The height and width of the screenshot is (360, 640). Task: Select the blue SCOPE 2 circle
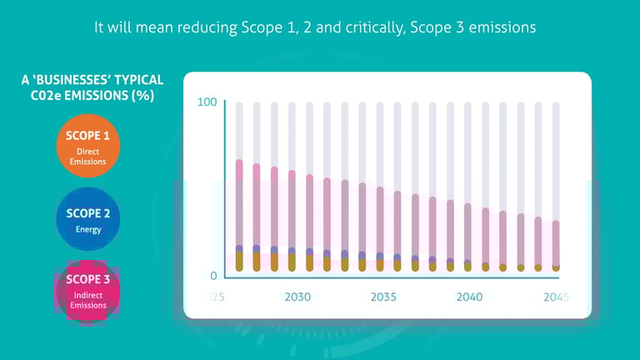[x=88, y=220]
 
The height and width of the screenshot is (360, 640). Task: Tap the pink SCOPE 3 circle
[x=88, y=292]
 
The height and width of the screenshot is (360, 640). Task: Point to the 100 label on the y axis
[x=207, y=102]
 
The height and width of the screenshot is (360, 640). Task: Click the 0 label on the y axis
[x=213, y=276]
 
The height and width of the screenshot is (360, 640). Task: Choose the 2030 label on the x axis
[x=297, y=297]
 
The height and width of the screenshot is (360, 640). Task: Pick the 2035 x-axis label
[x=383, y=297]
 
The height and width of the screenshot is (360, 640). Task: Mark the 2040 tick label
[x=469, y=297]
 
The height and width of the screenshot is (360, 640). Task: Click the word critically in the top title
[x=402, y=27]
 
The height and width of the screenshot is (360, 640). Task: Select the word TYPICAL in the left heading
[x=135, y=81]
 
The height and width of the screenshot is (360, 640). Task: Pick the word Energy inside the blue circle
[x=88, y=229]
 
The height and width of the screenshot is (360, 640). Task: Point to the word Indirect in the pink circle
[x=88, y=294]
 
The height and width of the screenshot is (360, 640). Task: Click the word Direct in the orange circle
[x=88, y=151]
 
